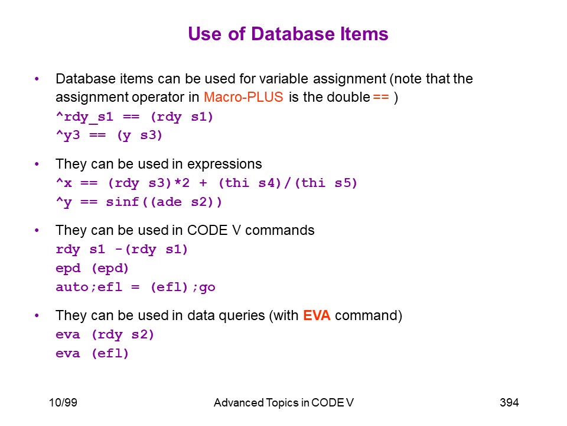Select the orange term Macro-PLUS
tap(243, 97)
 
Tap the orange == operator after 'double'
tap(381, 97)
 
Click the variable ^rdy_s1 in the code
tap(84, 117)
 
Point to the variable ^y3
tap(68, 135)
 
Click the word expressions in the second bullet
tap(224, 164)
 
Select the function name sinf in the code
tap(122, 201)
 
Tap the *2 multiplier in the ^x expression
tap(182, 183)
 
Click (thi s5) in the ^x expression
tap(326, 183)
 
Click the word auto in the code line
tap(72, 287)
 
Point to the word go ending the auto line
tap(207, 288)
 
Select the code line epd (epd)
tap(92, 269)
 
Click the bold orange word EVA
tap(317, 315)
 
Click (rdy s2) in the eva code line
tap(123, 334)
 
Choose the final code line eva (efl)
tap(92, 353)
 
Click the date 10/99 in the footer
tap(63, 402)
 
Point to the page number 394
tap(509, 402)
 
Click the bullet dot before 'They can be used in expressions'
tap(37, 164)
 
